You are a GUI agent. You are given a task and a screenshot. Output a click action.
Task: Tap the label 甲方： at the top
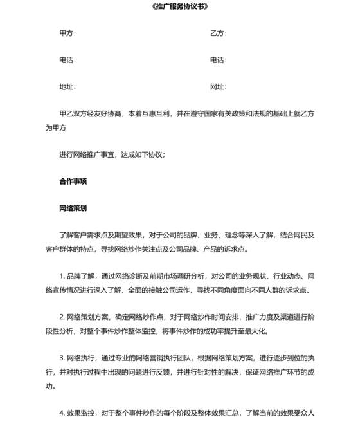pos(67,33)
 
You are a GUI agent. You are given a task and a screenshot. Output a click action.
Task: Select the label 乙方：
pos(218,33)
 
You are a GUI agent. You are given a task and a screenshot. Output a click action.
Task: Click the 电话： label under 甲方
pos(67,60)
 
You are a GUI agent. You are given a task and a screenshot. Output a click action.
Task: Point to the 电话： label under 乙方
pos(218,60)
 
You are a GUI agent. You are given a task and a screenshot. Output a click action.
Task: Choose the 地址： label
pos(67,86)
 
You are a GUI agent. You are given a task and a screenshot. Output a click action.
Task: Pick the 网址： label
pos(218,86)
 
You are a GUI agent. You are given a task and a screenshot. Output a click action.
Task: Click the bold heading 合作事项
pos(73,181)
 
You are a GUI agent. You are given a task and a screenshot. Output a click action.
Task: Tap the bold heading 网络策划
pos(73,209)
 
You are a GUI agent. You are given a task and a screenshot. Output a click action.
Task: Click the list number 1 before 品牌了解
pos(61,276)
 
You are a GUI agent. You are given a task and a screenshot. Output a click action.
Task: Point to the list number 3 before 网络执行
pos(61,358)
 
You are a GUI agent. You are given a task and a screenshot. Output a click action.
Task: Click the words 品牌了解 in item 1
pos(82,276)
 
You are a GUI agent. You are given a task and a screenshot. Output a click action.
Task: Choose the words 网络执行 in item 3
pos(82,358)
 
